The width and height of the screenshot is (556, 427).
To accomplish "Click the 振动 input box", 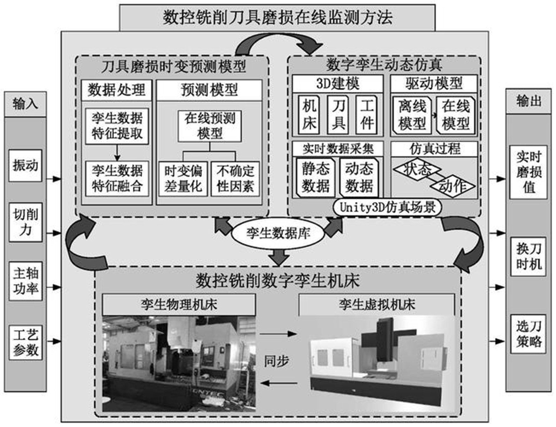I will (x=25, y=166).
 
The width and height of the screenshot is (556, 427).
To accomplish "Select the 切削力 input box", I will (x=25, y=222).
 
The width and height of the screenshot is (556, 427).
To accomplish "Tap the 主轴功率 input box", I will (x=25, y=281).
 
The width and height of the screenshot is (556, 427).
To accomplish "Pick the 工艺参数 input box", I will (x=25, y=342).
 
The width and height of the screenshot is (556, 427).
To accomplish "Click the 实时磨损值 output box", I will (x=528, y=172).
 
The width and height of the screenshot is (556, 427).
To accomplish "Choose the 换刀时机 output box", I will (x=528, y=256).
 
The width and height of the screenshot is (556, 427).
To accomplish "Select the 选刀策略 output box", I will (x=528, y=334).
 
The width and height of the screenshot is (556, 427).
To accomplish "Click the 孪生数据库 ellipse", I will (x=278, y=234).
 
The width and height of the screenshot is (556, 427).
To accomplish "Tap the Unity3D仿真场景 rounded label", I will (x=387, y=207).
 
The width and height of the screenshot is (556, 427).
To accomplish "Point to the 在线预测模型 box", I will (x=209, y=126).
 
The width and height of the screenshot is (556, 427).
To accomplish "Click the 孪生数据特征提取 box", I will (x=117, y=126).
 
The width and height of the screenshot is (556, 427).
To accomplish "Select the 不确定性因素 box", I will (x=235, y=179).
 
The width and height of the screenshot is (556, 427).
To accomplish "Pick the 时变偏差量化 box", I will (x=183, y=179).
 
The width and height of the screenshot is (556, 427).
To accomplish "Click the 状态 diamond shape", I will (x=417, y=169).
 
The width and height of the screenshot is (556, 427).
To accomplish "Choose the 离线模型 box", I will (x=412, y=115).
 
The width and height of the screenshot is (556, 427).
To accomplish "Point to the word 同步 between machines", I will (x=276, y=361).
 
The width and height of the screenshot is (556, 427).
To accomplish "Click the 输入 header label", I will (x=25, y=104).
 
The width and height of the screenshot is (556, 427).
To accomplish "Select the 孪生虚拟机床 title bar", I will (x=377, y=304).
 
